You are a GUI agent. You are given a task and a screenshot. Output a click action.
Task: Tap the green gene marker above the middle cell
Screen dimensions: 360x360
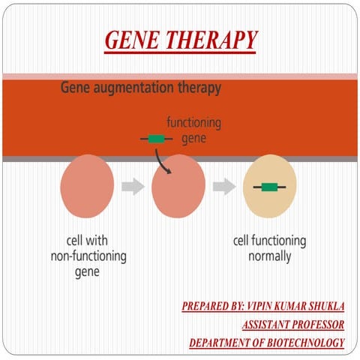[156, 138]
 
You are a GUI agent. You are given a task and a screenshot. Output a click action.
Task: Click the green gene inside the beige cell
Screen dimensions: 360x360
[268, 187]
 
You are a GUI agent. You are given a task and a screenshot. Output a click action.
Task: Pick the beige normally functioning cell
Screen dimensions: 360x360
[270, 187]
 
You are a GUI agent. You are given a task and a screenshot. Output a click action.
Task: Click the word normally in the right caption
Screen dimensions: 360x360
[269, 256]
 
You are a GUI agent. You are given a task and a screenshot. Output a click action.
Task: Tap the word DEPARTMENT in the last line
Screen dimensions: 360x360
[217, 343]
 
